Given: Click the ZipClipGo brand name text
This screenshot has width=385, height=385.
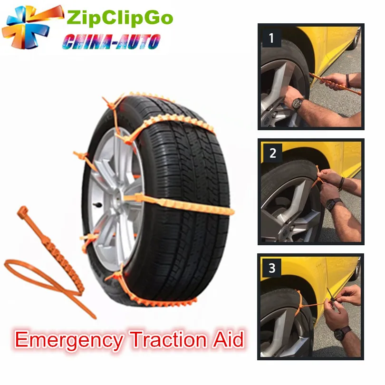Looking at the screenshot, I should [x=120, y=18].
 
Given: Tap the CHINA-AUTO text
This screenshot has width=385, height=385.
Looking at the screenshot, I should [x=111, y=42].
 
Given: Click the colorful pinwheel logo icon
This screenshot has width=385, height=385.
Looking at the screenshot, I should [x=32, y=28].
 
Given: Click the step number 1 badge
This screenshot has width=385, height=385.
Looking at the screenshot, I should [x=271, y=38].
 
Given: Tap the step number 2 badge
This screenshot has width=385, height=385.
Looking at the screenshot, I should [x=272, y=153].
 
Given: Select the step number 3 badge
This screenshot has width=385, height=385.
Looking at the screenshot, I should [x=272, y=268].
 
